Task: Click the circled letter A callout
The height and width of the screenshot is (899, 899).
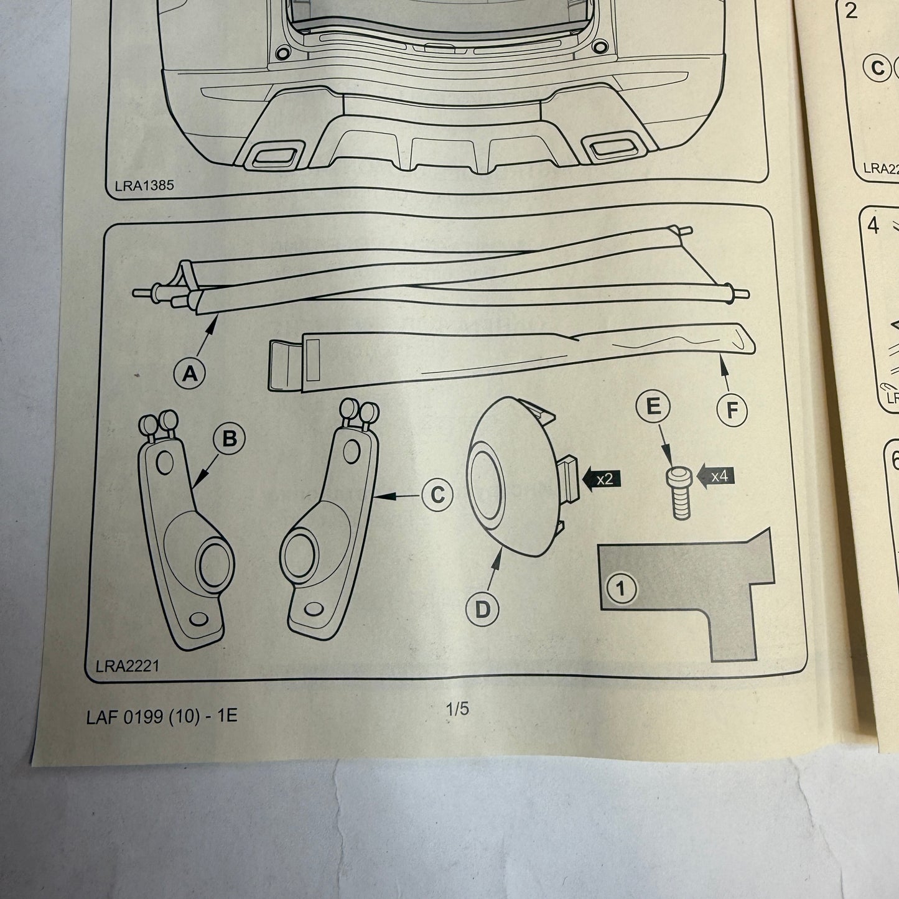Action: click(190, 373)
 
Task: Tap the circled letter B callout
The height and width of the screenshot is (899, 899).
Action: click(229, 439)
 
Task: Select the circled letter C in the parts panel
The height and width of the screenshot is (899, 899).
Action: click(437, 495)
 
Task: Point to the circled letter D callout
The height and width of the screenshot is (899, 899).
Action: click(482, 609)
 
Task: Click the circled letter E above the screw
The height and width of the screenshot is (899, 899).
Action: click(653, 408)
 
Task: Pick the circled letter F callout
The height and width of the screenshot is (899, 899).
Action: click(732, 410)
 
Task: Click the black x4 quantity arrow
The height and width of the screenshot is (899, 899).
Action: click(715, 477)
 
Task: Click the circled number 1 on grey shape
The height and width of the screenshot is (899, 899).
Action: click(622, 588)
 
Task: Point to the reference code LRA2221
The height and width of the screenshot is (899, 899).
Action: click(128, 666)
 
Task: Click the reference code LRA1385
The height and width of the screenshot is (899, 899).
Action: click(144, 185)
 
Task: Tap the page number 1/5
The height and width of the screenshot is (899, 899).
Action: click(457, 709)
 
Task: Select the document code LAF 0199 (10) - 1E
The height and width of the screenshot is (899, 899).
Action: click(162, 716)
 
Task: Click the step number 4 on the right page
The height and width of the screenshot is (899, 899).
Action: click(873, 226)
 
